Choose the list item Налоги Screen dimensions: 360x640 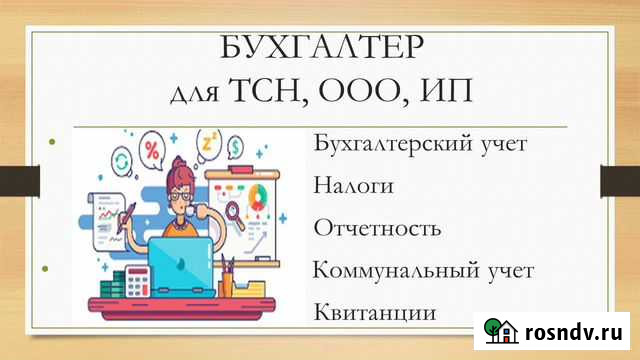click(353, 186)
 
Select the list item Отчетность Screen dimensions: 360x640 click(377, 228)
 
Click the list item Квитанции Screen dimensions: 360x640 click(374, 312)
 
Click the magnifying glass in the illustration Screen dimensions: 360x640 click(235, 211)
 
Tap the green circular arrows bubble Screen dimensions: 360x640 click(122, 162)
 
